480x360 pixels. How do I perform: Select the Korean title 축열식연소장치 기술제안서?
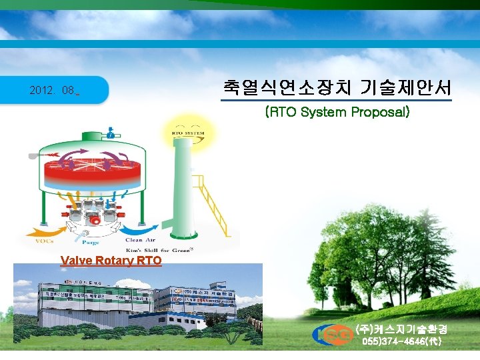pos(336,87)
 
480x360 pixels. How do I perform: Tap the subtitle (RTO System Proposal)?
pos(337,112)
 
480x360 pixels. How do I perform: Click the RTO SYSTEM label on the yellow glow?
pos(188,133)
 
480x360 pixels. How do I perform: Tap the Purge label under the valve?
pos(91,243)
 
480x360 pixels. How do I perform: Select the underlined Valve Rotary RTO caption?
pos(111,261)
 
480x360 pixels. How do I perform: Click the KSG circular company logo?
pos(333,335)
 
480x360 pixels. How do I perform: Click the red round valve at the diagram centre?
pos(95,219)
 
